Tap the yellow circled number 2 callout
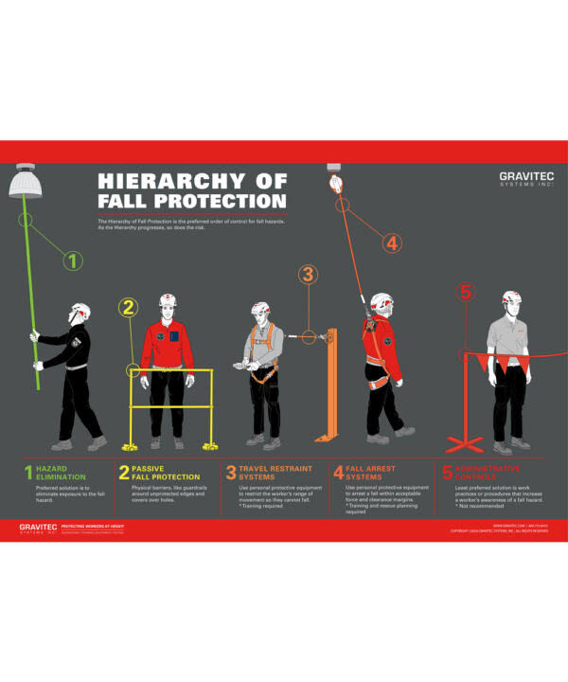pyautogui.click(x=130, y=306)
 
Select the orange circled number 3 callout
pyautogui.click(x=308, y=275)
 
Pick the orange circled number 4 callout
pyautogui.click(x=392, y=242)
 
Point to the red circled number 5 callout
pyautogui.click(x=465, y=292)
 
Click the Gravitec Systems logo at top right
pyautogui.click(x=526, y=179)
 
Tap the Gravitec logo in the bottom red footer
pyautogui.click(x=38, y=529)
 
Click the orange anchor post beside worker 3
pyautogui.click(x=331, y=384)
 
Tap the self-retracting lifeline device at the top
pyautogui.click(x=334, y=180)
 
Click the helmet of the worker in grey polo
pyautogui.click(x=511, y=298)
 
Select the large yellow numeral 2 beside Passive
pyautogui.click(x=124, y=473)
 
